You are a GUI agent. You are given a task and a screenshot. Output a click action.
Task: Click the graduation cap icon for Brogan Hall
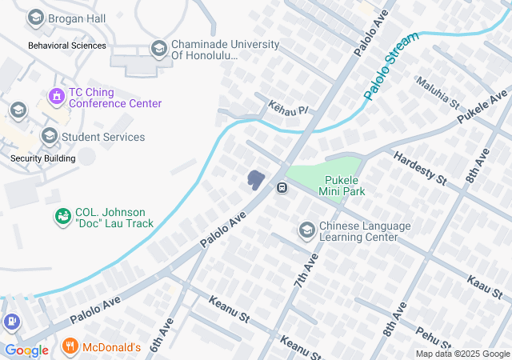pos(35,18)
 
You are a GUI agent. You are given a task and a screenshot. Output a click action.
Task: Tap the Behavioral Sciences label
pos(67,46)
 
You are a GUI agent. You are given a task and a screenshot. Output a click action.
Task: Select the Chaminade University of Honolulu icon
pos(158,50)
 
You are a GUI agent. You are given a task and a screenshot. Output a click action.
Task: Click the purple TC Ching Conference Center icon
pos(55,97)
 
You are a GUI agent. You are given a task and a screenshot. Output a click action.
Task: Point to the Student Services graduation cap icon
pos(50,137)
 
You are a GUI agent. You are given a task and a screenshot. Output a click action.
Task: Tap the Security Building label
pos(42,158)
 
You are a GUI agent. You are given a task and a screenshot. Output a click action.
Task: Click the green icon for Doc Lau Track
pos(62,217)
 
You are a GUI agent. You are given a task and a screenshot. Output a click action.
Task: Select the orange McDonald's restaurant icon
pos(70,347)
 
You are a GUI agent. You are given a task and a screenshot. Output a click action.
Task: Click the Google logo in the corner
pos(26,350)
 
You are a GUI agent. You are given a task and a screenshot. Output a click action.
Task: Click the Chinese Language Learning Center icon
pos(306,231)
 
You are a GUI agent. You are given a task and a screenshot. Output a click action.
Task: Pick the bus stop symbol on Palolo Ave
pos(282,188)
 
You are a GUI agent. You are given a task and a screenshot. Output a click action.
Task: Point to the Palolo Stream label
pos(390,66)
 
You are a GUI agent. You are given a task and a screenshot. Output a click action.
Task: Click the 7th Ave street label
pos(305,272)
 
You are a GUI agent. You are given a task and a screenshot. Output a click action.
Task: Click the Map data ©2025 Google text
pos(462,354)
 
